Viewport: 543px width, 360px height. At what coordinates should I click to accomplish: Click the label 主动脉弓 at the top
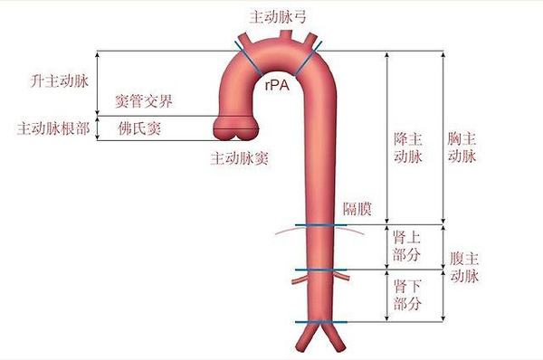pyautogui.click(x=278, y=17)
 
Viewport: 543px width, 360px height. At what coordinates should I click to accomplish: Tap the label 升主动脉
pyautogui.click(x=59, y=81)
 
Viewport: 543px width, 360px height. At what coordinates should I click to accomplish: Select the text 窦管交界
pyautogui.click(x=144, y=101)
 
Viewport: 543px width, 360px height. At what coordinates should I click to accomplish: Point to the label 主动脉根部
pyautogui.click(x=53, y=128)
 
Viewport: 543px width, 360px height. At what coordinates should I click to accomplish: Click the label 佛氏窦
pyautogui.click(x=139, y=128)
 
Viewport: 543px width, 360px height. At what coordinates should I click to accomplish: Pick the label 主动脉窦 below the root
pyautogui.click(x=239, y=159)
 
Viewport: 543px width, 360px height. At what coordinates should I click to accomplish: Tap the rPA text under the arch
pyautogui.click(x=277, y=85)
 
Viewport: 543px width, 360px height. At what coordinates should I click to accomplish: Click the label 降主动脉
pyautogui.click(x=408, y=148)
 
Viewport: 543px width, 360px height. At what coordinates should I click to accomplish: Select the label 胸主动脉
pyautogui.click(x=462, y=147)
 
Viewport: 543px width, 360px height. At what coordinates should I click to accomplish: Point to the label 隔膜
pyautogui.click(x=357, y=209)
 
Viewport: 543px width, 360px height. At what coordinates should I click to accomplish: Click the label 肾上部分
pyautogui.click(x=407, y=246)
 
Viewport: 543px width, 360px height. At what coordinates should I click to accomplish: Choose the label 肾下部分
pyautogui.click(x=407, y=295)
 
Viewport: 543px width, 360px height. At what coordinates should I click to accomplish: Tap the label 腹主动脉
pyautogui.click(x=464, y=268)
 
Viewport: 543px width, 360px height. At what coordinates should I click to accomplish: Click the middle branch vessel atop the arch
pyautogui.click(x=286, y=34)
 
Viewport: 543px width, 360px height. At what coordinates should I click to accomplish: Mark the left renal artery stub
pyautogui.click(x=299, y=279)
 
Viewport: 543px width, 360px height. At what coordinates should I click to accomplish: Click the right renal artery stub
pyautogui.click(x=341, y=276)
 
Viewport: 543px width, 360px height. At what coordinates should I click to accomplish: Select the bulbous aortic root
pyautogui.click(x=235, y=128)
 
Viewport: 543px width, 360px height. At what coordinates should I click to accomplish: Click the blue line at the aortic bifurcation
pyautogui.click(x=321, y=322)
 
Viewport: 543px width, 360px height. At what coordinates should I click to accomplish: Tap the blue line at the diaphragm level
pyautogui.click(x=321, y=225)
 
